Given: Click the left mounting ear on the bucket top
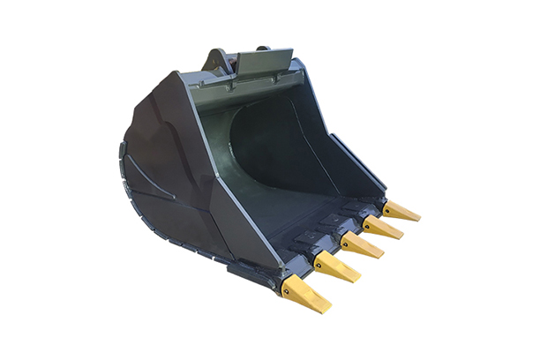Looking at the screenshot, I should (x=214, y=60).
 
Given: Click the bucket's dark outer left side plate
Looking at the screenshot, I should (x=176, y=168).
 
